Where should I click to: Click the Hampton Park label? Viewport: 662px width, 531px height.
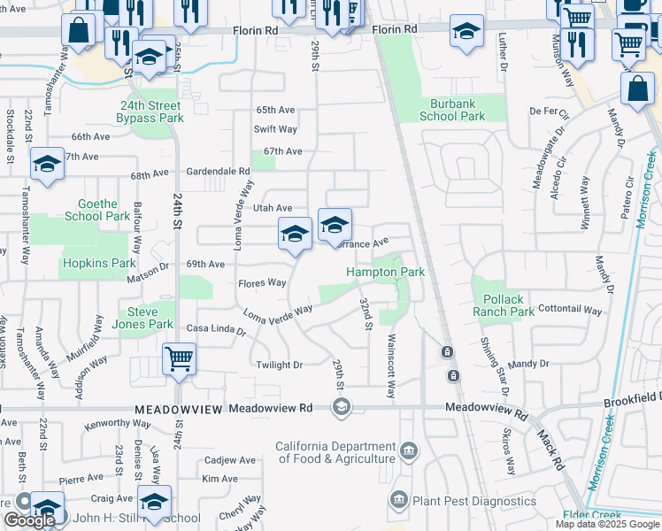click(385, 273)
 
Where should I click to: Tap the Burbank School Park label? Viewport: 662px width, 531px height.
click(452, 110)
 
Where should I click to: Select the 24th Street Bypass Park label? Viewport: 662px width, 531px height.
click(152, 112)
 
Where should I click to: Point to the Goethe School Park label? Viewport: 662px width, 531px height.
click(97, 210)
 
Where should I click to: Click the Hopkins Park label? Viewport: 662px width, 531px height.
click(98, 263)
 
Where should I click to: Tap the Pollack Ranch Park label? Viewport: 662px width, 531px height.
click(503, 306)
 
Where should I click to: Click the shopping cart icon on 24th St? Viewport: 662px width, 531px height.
click(179, 359)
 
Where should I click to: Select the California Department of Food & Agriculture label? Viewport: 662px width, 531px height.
click(335, 452)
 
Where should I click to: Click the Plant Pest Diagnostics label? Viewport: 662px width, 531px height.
click(474, 501)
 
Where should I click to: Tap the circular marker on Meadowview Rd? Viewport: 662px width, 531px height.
click(340, 407)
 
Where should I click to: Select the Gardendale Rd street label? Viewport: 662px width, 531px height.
click(218, 171)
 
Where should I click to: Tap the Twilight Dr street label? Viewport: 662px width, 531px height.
click(279, 365)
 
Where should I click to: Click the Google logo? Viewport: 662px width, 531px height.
click(29, 520)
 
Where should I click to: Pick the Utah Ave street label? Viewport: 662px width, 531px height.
click(273, 207)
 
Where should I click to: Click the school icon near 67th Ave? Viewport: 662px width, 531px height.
click(47, 165)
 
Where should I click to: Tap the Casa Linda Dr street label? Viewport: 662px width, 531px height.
click(216, 329)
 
